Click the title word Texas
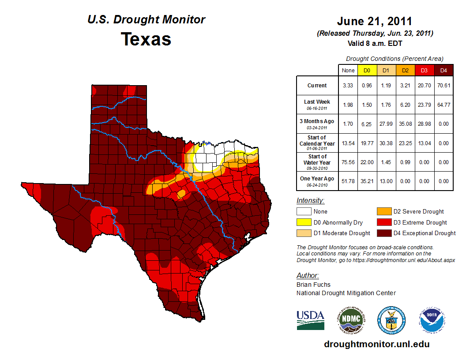(146, 39)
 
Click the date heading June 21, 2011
(374, 21)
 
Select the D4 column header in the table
(443, 70)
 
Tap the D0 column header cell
(367, 70)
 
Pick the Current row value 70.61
(443, 86)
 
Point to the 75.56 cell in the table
(348, 162)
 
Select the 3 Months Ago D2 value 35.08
(405, 124)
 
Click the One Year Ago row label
(317, 178)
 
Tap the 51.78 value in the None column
(348, 181)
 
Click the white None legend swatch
(304, 212)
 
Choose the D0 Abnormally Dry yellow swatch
(304, 222)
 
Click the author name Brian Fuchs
(313, 285)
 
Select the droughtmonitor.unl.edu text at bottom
(376, 344)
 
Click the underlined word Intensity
(310, 201)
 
